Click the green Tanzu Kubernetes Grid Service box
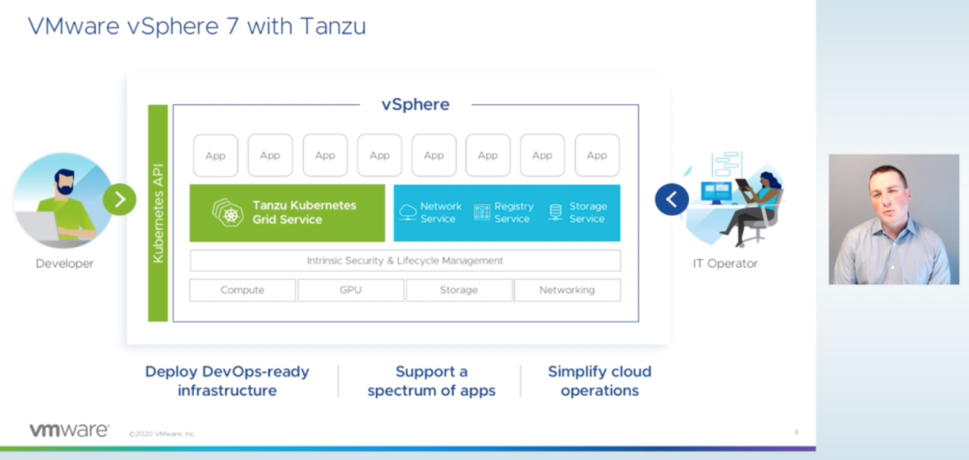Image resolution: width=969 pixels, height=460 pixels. click(287, 213)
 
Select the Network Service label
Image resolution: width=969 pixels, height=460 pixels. click(440, 213)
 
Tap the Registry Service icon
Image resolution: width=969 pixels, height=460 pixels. click(482, 212)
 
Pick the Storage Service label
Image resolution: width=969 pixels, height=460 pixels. click(587, 213)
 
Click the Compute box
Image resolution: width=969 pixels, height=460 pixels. click(242, 290)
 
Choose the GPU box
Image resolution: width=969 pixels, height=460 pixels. click(351, 290)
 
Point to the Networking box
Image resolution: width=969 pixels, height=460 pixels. click(567, 290)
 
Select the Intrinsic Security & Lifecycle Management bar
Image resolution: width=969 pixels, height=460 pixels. click(405, 261)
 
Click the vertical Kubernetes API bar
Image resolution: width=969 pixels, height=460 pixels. click(158, 213)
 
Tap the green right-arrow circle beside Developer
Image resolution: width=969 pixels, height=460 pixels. click(120, 199)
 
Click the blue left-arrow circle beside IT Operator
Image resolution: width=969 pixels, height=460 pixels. click(672, 199)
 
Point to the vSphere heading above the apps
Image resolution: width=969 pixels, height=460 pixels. click(415, 104)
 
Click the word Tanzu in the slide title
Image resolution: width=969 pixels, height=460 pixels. click(333, 27)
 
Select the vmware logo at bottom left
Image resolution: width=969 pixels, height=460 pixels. click(69, 430)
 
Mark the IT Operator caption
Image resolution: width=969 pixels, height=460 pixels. click(725, 264)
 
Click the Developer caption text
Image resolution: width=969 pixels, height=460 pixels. click(65, 264)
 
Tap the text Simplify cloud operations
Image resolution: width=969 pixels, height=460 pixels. click(600, 381)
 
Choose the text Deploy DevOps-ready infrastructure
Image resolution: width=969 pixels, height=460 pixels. click(227, 381)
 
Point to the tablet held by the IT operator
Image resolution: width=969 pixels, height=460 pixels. click(742, 185)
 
